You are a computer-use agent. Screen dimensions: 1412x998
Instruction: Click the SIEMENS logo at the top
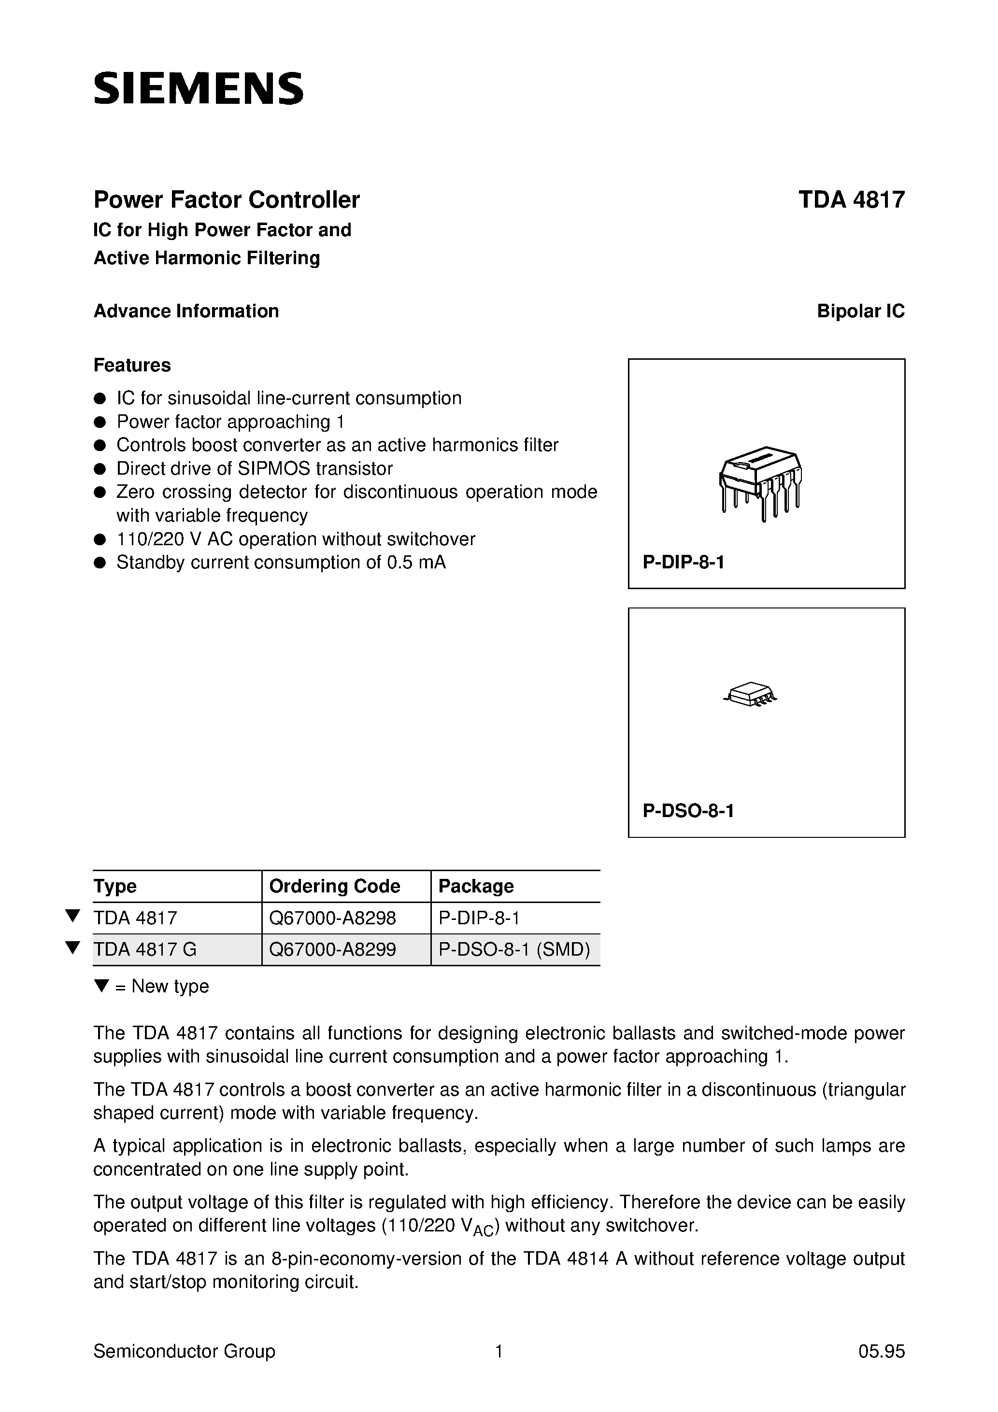coord(198,88)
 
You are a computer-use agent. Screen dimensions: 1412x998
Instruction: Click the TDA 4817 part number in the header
coord(851,200)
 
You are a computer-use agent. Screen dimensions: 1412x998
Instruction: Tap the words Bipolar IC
coord(860,311)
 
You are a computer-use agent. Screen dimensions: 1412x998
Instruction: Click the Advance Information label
coord(186,311)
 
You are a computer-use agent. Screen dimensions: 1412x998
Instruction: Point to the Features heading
coord(132,365)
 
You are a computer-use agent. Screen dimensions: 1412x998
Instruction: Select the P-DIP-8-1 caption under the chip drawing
coord(683,562)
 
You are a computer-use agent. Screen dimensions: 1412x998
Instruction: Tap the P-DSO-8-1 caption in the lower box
coord(688,810)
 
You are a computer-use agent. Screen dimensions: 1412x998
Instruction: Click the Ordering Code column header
coord(335,886)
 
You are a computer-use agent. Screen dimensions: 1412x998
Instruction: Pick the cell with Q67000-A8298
coord(332,918)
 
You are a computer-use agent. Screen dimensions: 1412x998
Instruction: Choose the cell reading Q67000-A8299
coord(332,949)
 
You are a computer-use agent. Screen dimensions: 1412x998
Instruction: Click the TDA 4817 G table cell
coord(145,949)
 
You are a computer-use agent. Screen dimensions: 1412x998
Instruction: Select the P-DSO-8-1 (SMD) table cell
coord(514,949)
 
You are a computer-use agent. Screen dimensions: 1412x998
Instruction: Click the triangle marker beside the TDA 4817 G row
coord(72,947)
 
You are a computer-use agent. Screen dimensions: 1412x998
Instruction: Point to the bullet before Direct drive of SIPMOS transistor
coord(100,468)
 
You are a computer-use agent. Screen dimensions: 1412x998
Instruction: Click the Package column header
coord(476,886)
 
